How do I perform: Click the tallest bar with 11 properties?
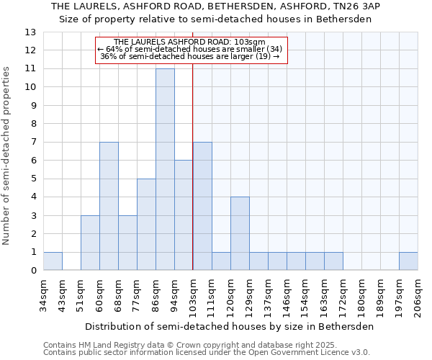click(x=165, y=169)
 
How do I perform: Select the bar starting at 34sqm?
click(x=53, y=261)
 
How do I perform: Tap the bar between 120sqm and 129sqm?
click(x=240, y=234)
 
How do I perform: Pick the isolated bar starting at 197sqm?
click(x=408, y=261)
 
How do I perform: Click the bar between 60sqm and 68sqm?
click(x=109, y=206)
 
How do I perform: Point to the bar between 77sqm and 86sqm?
click(x=146, y=225)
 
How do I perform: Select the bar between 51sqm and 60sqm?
click(x=90, y=243)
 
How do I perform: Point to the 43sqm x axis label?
click(x=62, y=291)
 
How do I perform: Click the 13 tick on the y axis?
click(x=30, y=32)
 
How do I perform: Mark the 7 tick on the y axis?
click(x=33, y=143)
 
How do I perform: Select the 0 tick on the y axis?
click(x=33, y=271)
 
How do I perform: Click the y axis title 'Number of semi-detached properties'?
click(x=8, y=155)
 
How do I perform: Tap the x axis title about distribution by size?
click(x=230, y=326)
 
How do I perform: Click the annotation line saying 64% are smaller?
click(x=191, y=49)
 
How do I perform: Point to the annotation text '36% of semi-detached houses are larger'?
click(x=190, y=56)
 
